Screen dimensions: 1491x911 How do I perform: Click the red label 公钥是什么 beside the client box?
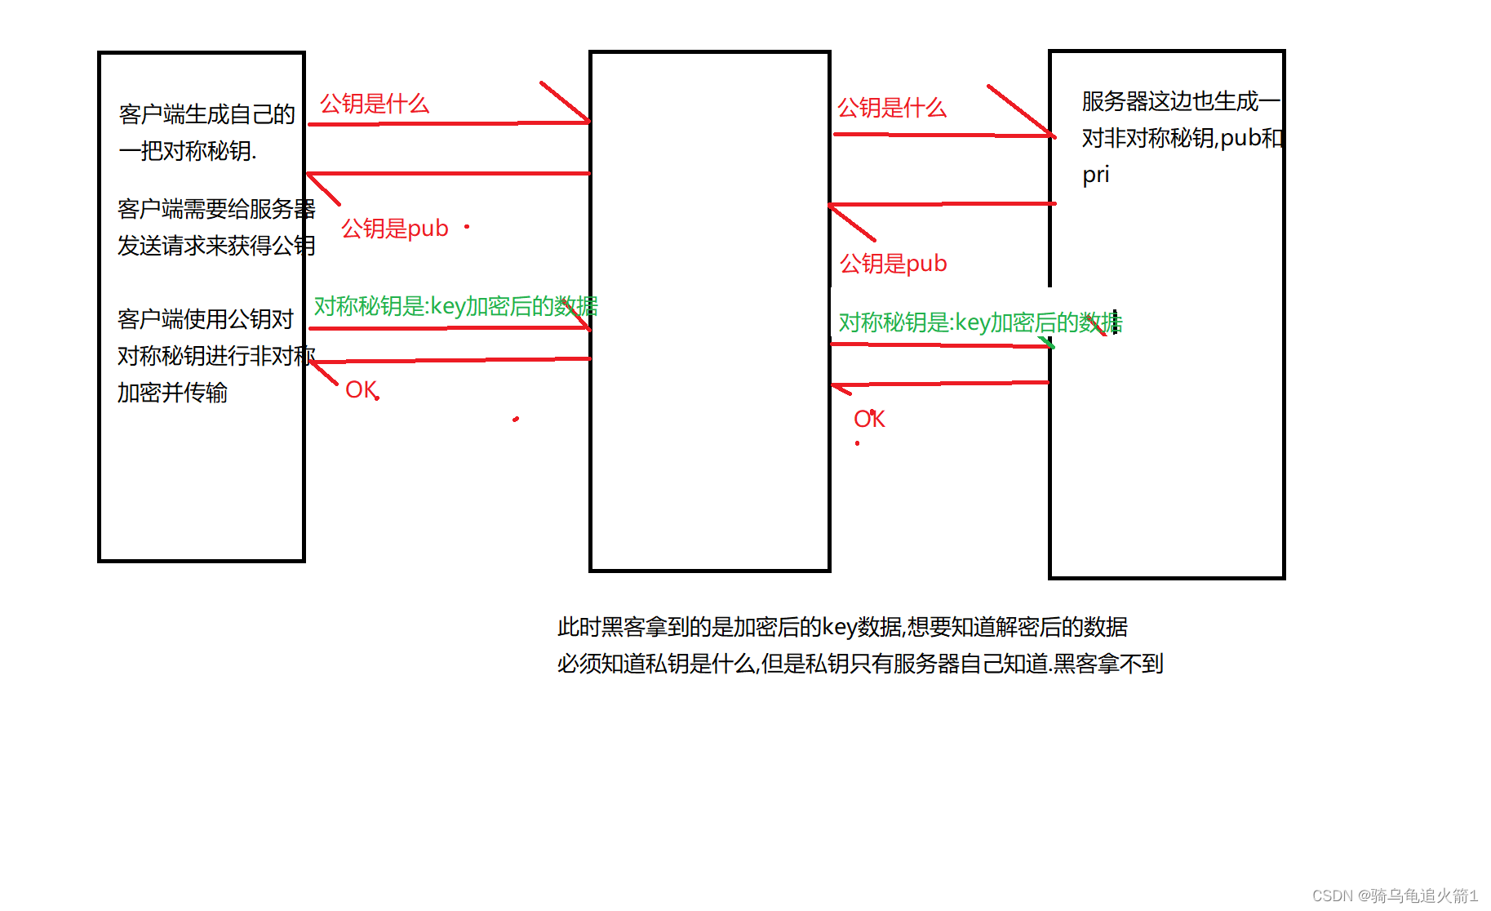click(374, 104)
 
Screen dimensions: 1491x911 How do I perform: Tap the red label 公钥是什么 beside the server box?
click(891, 109)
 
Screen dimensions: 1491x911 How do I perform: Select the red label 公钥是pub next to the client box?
click(394, 229)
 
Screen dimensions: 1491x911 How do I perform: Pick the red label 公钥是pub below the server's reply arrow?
click(893, 264)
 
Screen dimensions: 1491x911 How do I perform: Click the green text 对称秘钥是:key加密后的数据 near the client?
click(455, 307)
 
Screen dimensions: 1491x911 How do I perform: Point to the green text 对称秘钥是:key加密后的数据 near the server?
click(979, 323)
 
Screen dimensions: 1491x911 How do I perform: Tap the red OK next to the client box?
click(361, 390)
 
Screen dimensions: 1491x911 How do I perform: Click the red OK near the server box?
click(868, 420)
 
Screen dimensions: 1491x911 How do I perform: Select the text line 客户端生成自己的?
click(206, 114)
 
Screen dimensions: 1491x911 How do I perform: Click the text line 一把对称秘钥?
click(187, 151)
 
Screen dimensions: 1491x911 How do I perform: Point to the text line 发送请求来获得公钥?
click(215, 246)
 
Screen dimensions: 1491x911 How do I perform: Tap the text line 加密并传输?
click(172, 393)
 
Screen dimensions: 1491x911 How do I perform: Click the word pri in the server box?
click(1095, 175)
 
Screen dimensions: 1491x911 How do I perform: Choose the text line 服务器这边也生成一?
click(1180, 101)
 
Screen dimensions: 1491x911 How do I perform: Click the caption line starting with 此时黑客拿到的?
click(841, 627)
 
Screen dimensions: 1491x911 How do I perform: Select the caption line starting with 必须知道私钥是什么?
click(859, 664)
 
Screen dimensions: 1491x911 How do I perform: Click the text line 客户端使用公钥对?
click(205, 319)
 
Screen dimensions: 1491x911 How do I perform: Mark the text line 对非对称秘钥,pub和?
click(1182, 138)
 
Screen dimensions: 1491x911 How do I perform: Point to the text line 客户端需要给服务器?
click(215, 209)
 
